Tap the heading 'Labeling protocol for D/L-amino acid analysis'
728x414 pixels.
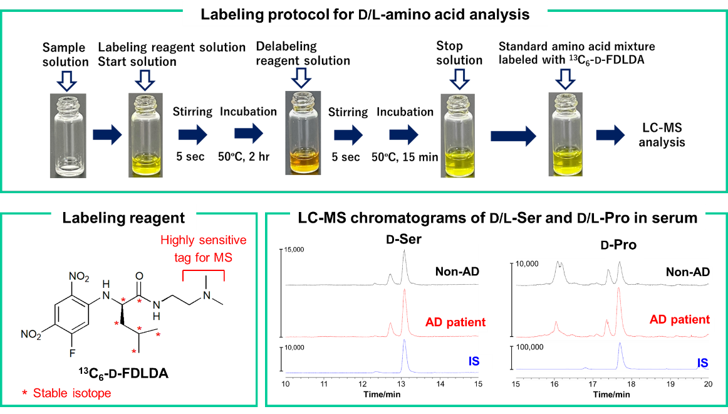coord(365,15)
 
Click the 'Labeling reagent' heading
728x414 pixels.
coord(123,218)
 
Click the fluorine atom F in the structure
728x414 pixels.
coord(73,353)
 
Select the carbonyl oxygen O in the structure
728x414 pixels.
coord(139,277)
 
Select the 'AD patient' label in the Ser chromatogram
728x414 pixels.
coord(455,322)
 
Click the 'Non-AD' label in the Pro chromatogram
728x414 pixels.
coord(687,272)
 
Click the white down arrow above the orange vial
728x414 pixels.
coord(301,78)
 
